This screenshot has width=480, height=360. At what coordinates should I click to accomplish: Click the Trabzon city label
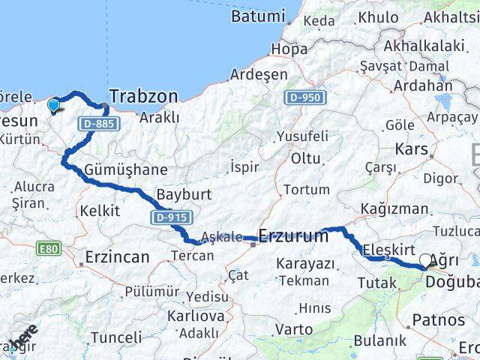[144, 96]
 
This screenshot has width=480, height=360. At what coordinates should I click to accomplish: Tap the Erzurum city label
[293, 236]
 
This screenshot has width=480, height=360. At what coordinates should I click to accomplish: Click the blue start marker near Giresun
[53, 106]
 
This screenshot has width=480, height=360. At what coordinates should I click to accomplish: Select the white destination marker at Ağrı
[426, 261]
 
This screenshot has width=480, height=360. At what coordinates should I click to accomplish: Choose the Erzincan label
[117, 256]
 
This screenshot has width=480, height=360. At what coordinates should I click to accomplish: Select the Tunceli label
[115, 337]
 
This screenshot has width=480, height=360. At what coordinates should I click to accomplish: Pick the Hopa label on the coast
[289, 49]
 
